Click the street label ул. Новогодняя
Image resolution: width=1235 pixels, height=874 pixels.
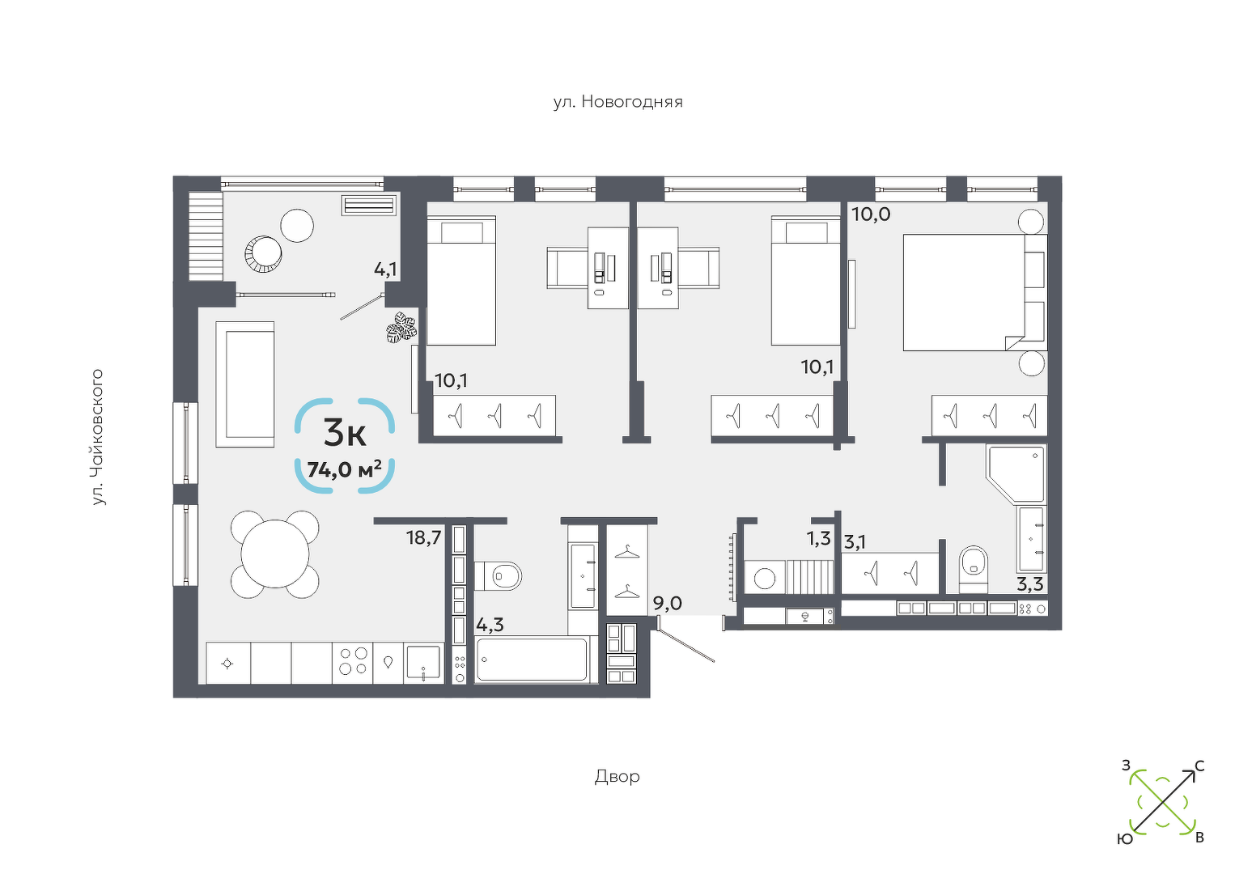[x=618, y=102]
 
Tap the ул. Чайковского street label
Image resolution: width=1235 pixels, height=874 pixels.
[x=98, y=437]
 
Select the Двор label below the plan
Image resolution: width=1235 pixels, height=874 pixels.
[x=617, y=777]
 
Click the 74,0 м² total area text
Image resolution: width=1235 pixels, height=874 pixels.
[x=345, y=470]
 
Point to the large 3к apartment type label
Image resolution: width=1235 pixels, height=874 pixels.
[x=345, y=433]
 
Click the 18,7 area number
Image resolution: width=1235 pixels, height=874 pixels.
[x=424, y=537]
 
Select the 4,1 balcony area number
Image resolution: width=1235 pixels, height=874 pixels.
[x=385, y=269]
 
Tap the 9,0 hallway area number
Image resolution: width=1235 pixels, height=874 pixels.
[x=668, y=604]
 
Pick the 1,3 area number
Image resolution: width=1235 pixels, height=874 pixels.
[x=819, y=538]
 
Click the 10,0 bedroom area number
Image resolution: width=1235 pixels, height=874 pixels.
[x=872, y=214]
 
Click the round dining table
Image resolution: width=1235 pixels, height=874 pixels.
[x=274, y=554]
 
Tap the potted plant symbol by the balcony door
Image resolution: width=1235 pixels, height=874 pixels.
[x=401, y=328]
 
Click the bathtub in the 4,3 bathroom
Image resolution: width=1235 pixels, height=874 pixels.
[x=532, y=660]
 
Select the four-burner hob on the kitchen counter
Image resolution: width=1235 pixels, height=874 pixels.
[x=354, y=661]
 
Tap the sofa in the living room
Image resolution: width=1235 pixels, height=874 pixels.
[x=244, y=384]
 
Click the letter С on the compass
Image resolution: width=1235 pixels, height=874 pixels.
[x=1199, y=766]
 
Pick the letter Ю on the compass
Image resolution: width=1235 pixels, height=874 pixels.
[x=1125, y=839]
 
